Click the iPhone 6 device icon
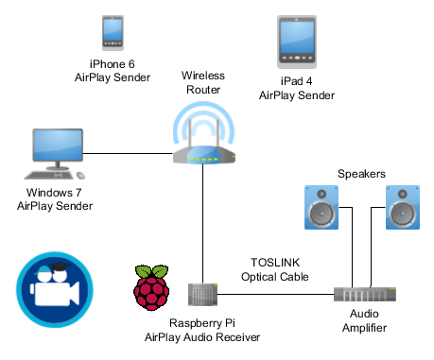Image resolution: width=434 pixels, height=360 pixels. pyautogui.click(x=113, y=34)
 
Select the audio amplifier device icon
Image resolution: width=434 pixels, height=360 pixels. pyautogui.click(x=364, y=295)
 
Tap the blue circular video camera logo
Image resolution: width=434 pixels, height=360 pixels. pyautogui.click(x=53, y=289)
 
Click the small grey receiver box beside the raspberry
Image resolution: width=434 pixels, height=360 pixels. pyautogui.click(x=201, y=294)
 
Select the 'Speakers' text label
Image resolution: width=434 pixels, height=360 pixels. pyautogui.click(x=363, y=174)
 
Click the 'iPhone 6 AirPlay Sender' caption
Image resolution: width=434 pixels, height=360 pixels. pyautogui.click(x=113, y=71)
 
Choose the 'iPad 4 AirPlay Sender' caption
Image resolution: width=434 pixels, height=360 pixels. pyautogui.click(x=296, y=89)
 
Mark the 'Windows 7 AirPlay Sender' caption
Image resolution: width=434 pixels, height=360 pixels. pyautogui.click(x=55, y=199)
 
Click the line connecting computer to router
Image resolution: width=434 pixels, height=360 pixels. pyautogui.click(x=132, y=154)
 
